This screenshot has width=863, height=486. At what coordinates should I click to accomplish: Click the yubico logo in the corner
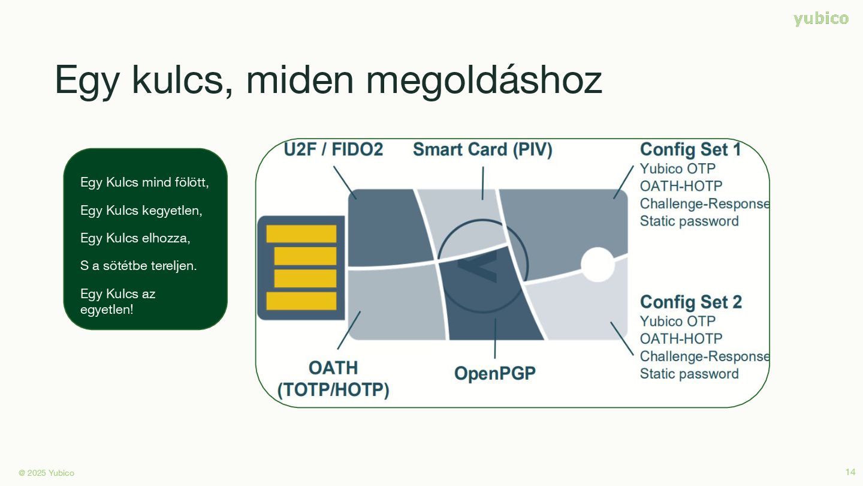point(821,19)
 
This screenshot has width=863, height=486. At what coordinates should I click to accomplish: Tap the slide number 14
point(850,472)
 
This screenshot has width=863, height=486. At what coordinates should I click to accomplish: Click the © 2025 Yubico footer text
point(47,473)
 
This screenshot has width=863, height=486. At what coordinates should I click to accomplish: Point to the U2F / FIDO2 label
point(333,149)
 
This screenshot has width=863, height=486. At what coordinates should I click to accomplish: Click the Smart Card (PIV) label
point(482,149)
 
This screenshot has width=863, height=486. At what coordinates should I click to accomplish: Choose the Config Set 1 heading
point(690,149)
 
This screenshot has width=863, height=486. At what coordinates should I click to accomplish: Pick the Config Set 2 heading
point(690,302)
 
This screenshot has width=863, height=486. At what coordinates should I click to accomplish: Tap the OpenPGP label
point(494,373)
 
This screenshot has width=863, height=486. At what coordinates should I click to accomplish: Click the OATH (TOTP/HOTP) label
point(333,379)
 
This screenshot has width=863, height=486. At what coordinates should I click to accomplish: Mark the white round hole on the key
point(598,265)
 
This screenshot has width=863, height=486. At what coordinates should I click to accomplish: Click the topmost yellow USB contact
point(301,234)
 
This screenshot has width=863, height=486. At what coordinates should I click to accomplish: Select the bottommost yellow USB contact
point(301,301)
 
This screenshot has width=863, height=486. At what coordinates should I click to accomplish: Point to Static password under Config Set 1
point(689,221)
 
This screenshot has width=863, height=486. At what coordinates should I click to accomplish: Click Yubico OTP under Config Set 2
point(678,321)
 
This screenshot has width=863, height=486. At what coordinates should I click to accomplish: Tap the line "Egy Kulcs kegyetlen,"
point(141,211)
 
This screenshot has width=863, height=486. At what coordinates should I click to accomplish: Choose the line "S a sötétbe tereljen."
point(138,265)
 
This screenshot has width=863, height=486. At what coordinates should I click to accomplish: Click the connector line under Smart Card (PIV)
point(482,183)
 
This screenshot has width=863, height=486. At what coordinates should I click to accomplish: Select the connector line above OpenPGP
point(495,338)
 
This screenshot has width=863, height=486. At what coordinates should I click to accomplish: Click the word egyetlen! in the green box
point(107,310)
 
